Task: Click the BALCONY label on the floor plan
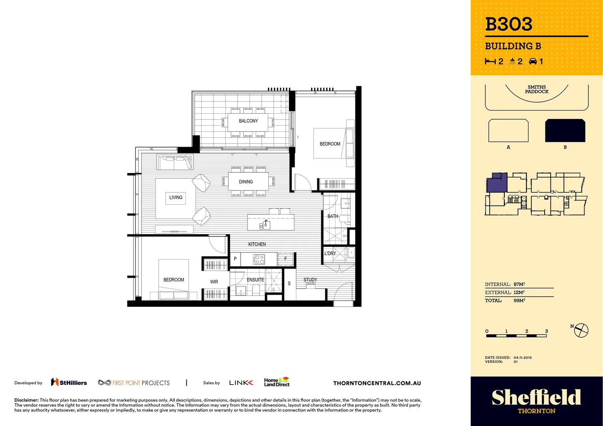248,121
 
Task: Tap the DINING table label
245,182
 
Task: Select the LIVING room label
176,198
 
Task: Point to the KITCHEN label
257,244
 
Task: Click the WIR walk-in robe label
214,282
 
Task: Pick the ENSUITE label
255,280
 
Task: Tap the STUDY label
310,280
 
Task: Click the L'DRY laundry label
330,253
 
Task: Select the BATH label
333,216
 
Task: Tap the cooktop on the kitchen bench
259,259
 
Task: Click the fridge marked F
286,259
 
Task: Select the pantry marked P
235,259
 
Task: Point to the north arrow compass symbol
581,330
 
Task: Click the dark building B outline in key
565,131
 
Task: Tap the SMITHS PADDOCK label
536,90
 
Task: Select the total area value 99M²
519,301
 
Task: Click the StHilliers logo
69,383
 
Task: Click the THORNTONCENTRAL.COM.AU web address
377,383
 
